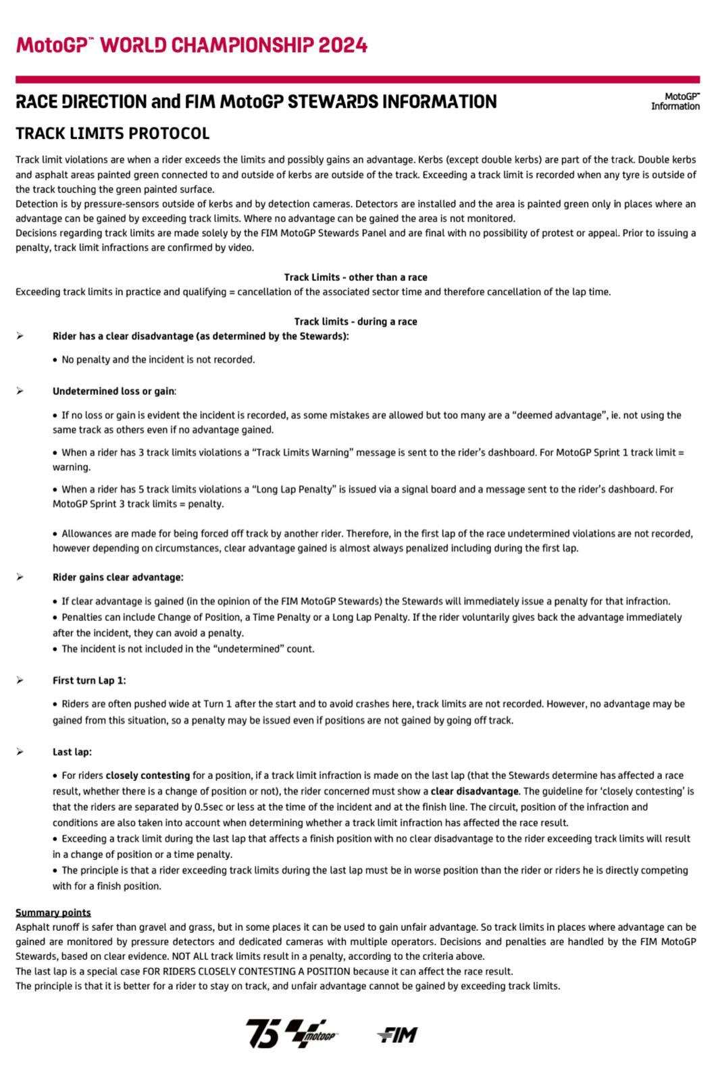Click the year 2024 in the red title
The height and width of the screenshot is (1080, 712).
[343, 46]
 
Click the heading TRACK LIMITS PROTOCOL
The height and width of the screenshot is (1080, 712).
[112, 134]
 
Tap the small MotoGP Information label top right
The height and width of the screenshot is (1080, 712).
[675, 101]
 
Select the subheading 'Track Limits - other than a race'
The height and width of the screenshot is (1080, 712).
[355, 277]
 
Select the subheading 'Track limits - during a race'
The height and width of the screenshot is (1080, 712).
[355, 321]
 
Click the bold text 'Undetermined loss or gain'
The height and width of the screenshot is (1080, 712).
[113, 391]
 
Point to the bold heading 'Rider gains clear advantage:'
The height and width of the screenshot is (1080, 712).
[118, 578]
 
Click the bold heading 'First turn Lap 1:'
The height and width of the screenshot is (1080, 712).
[89, 680]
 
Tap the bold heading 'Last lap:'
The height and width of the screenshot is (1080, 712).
[72, 752]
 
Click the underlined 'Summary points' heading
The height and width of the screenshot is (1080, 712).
[53, 913]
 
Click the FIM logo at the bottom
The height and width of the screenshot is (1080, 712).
[397, 1035]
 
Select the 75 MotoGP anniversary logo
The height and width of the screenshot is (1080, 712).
[291, 1033]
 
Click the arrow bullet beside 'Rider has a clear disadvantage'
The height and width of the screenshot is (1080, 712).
[20, 336]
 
